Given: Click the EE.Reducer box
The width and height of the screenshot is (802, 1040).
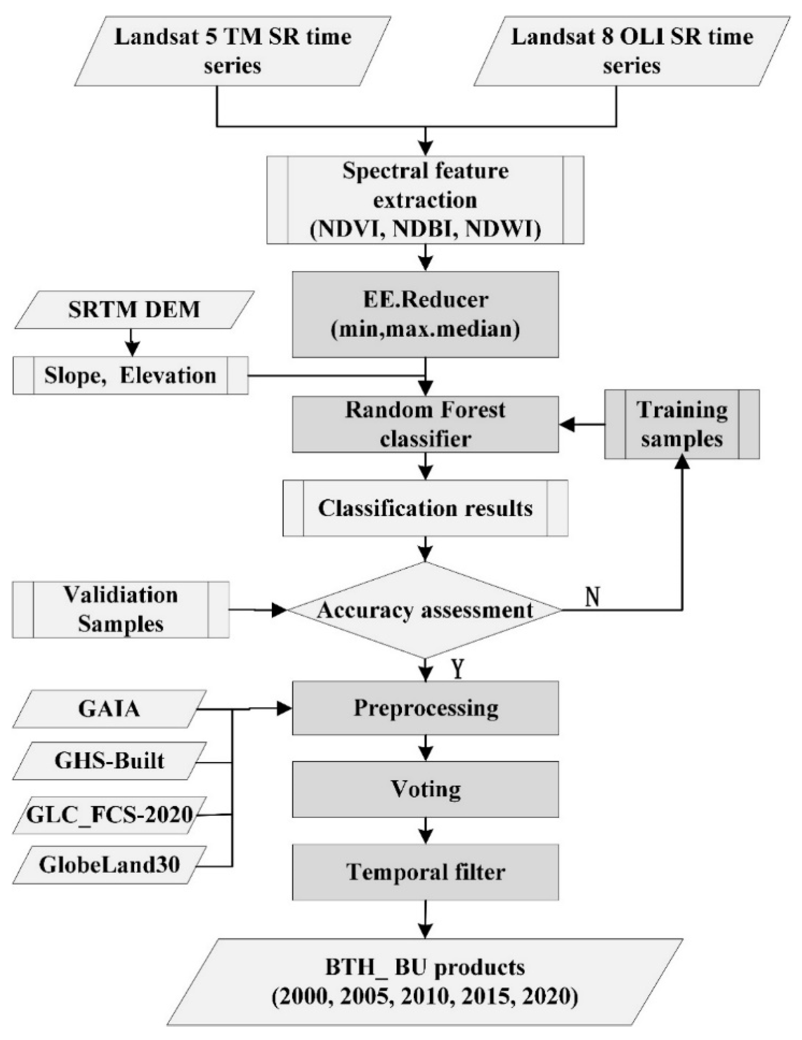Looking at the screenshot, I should (425, 314).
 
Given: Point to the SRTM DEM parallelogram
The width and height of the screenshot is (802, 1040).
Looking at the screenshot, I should (134, 310).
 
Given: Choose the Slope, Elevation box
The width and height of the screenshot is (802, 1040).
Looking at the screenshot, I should (130, 376).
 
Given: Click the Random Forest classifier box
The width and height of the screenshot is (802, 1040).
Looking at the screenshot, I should (425, 424).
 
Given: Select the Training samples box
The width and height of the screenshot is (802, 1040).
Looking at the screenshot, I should (682, 424).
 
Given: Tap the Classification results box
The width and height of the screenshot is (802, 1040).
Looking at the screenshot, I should (425, 508).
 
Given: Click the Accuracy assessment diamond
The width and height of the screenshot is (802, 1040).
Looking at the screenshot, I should (425, 610).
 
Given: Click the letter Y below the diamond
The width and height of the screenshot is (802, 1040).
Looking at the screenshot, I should (457, 669).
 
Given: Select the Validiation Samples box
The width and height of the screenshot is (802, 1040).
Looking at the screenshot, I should (120, 610).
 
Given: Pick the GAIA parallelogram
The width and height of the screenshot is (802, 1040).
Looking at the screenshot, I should (109, 709).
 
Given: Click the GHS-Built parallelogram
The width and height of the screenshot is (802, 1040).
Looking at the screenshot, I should (109, 760).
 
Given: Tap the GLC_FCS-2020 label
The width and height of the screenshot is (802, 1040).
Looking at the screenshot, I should (109, 814).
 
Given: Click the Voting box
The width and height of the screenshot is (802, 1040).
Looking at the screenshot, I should (425, 789).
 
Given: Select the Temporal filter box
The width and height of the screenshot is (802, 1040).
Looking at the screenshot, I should (425, 872).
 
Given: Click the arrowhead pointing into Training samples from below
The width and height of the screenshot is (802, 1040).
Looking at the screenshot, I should (683, 461).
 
